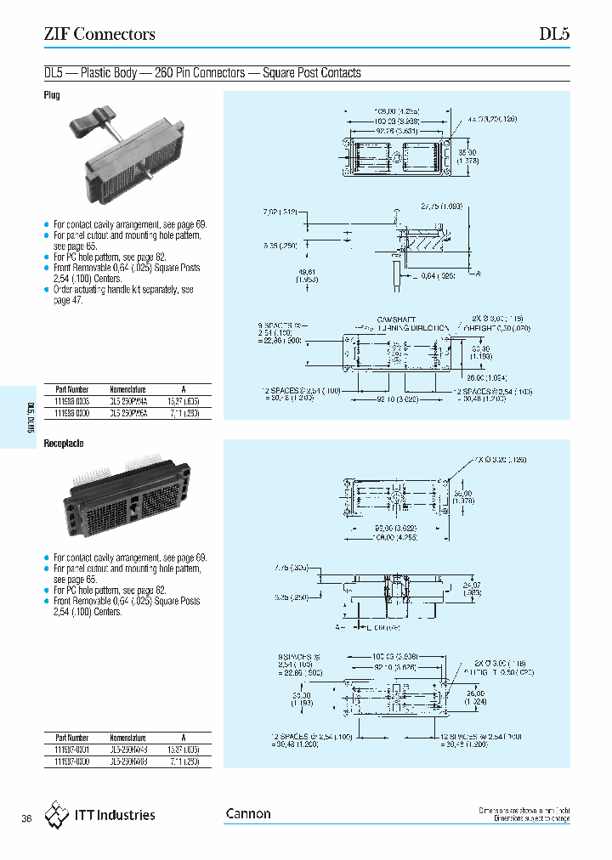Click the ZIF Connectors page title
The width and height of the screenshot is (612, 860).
(x=99, y=35)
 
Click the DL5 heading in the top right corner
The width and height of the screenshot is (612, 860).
(x=554, y=35)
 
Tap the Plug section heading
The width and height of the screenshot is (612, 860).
(x=52, y=96)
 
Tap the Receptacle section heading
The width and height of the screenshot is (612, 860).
(x=63, y=444)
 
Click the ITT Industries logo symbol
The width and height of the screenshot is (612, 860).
(x=58, y=814)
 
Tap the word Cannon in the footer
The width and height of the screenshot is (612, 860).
(x=248, y=814)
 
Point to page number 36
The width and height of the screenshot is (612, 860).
(x=26, y=818)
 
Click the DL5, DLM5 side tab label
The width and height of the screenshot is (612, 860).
(x=31, y=417)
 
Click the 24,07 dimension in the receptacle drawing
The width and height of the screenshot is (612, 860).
(x=472, y=588)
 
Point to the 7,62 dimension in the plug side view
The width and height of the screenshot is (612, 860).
(x=281, y=212)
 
